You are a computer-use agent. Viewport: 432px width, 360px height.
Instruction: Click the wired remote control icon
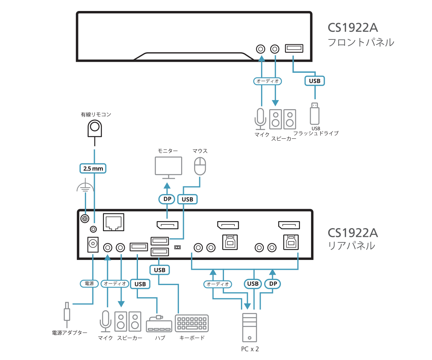click(x=95, y=128)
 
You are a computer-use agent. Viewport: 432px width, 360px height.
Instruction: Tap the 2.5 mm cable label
click(x=93, y=168)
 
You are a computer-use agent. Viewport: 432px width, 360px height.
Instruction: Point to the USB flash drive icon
click(x=315, y=114)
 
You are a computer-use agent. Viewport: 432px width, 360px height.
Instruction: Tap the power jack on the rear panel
click(x=92, y=244)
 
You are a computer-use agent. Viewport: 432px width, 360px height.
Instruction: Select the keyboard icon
click(x=192, y=323)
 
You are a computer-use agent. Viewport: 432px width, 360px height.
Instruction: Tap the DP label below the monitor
click(x=166, y=199)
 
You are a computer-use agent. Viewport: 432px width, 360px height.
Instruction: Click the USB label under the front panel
click(x=315, y=81)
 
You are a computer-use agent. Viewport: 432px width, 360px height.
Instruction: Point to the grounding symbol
click(x=85, y=186)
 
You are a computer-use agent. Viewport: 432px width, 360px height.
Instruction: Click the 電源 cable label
click(x=89, y=283)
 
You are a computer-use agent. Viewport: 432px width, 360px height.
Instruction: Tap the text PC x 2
click(x=250, y=349)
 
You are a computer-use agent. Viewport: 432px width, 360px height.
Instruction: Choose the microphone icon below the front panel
click(x=260, y=118)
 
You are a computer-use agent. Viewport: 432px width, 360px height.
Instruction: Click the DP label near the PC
click(x=272, y=283)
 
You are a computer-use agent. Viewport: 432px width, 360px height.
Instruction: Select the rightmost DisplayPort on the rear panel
click(x=289, y=226)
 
